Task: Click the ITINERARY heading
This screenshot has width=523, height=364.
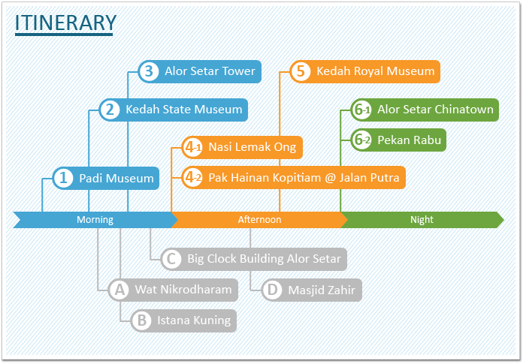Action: [65, 23]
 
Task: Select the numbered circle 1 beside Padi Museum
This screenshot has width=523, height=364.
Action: [63, 178]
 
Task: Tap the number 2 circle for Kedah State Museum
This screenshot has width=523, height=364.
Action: [110, 110]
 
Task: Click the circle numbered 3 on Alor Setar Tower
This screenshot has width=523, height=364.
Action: [149, 71]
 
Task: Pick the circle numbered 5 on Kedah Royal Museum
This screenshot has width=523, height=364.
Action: [301, 71]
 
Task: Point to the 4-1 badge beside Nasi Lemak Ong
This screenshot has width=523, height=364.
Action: [192, 147]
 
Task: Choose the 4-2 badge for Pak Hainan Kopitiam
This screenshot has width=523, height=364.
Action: [192, 178]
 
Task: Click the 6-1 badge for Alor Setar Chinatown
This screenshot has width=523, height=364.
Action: [361, 110]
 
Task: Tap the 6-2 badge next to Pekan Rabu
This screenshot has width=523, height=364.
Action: [361, 140]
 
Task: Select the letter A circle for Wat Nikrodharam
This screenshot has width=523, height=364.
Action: [119, 290]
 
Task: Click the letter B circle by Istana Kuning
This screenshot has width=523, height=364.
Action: [142, 320]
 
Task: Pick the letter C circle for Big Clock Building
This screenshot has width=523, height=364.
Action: [171, 259]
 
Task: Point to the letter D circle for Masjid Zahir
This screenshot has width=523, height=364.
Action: [273, 290]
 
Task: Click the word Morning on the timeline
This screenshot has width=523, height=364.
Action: [95, 220]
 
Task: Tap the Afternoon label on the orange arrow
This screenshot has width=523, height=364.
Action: [259, 220]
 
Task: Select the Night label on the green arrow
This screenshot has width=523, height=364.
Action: [422, 220]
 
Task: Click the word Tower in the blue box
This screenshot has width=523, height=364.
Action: [238, 71]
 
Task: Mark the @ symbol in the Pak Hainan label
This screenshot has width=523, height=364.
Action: [330, 178]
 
